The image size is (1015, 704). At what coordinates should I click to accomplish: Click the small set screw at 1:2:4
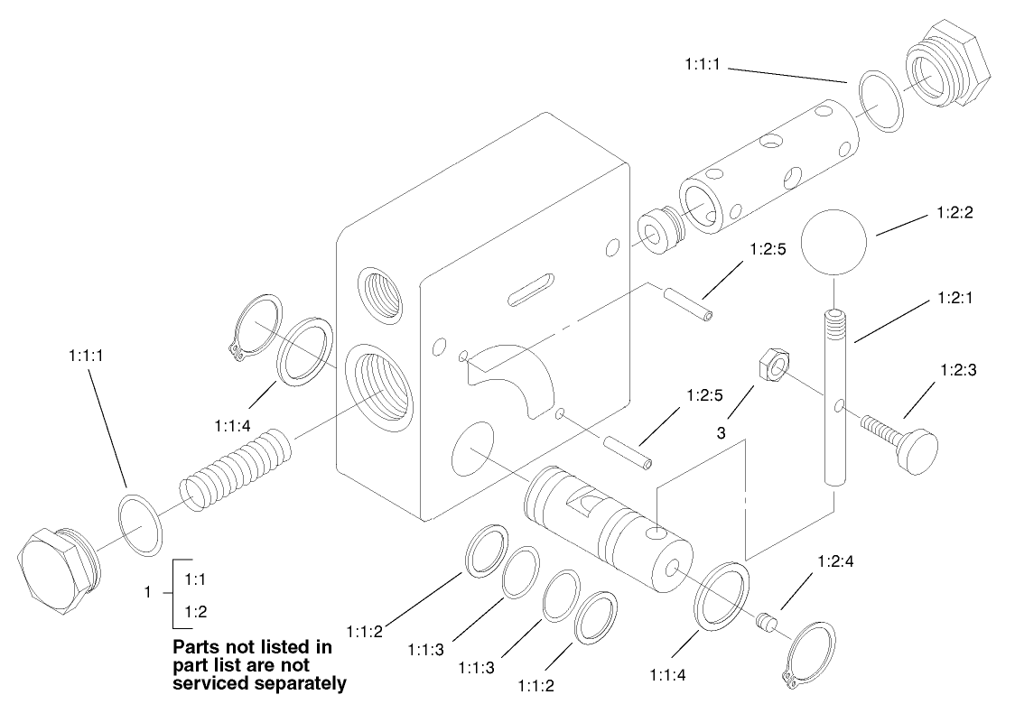coord(767,624)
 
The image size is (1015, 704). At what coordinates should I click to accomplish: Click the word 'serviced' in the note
coord(218,683)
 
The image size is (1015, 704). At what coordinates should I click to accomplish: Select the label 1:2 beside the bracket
coord(196,612)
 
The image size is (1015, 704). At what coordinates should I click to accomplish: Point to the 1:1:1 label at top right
coord(703,64)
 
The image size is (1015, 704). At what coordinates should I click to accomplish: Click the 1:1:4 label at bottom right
coord(668,672)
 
